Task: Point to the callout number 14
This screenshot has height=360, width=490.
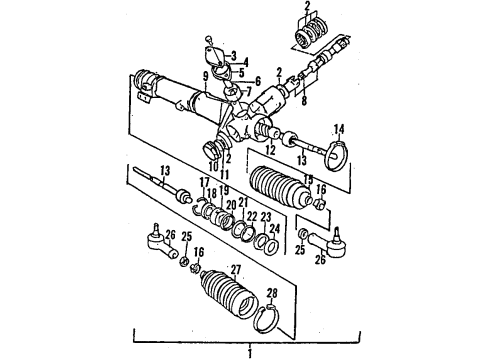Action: pyautogui.click(x=338, y=129)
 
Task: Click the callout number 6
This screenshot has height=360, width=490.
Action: pyautogui.click(x=259, y=81)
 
